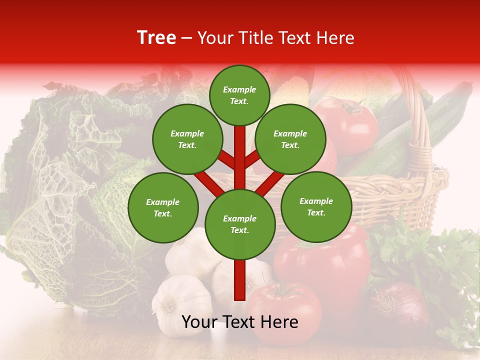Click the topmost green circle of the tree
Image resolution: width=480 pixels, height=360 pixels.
point(239,95)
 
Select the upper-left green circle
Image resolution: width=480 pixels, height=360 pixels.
point(187,139)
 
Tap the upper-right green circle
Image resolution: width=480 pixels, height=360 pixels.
point(290,139)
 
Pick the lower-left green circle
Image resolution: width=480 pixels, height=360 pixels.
point(163,207)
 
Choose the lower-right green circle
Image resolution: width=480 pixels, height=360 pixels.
point(316,206)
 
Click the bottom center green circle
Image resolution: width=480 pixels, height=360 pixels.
point(240,224)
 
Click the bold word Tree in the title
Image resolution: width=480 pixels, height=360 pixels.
point(156,38)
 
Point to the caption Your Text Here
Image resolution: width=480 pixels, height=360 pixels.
point(239,322)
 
